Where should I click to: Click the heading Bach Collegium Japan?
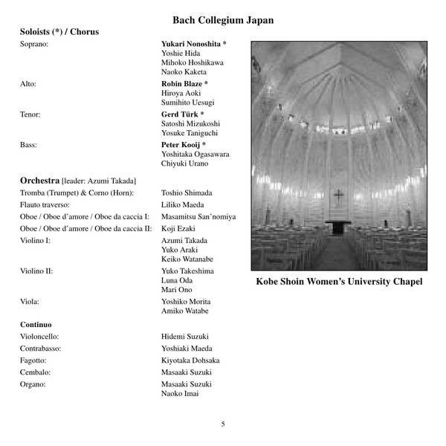coord(223,20)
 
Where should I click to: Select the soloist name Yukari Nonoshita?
coord(191,44)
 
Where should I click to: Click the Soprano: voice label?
coord(34,44)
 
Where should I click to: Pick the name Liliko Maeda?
coord(182,204)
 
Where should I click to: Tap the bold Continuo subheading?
coord(36,324)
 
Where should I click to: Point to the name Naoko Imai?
coord(180,393)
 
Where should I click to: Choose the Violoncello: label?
coord(39,336)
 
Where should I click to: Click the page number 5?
coord(223,424)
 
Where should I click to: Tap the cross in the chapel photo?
coord(339,197)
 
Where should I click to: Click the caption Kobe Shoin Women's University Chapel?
coord(339,282)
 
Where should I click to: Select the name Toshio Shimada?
coord(187,193)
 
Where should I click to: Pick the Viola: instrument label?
coord(30,302)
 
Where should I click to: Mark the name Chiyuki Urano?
coord(185,164)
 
